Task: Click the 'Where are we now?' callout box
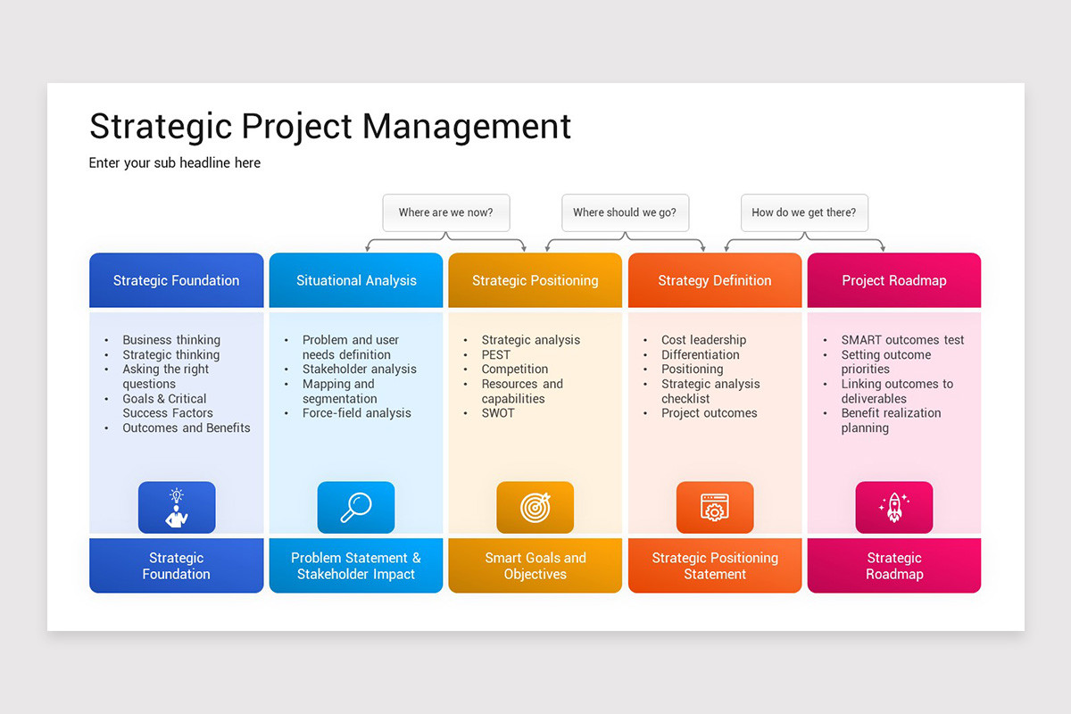[445, 212]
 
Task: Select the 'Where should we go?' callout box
[625, 212]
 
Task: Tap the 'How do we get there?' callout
[804, 212]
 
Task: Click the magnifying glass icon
[356, 507]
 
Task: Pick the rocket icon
[893, 507]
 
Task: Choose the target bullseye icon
[535, 507]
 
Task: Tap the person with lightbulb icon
[177, 507]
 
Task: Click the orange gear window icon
[715, 507]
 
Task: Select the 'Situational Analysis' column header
[356, 280]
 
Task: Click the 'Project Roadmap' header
[893, 280]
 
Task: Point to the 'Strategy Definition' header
[715, 280]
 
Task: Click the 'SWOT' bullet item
[498, 413]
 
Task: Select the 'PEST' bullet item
[496, 354]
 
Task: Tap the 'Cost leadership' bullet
[703, 340]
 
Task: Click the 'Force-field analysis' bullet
[357, 413]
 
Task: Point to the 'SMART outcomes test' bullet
[902, 340]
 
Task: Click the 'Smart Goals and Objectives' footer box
[535, 566]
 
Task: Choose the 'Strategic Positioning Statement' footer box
[715, 566]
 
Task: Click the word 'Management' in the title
[467, 126]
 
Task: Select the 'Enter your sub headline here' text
[175, 162]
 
